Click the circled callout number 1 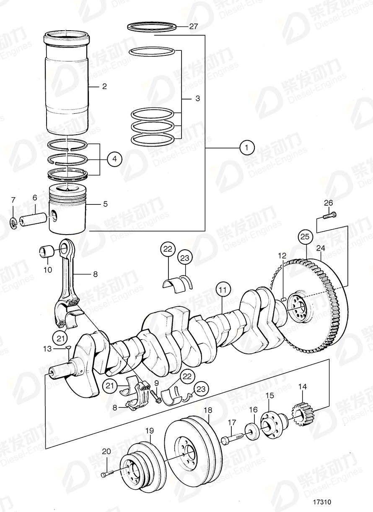pyautogui.click(x=247, y=148)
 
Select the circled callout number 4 pyautogui.click(x=114, y=159)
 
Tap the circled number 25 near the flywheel pyautogui.click(x=305, y=238)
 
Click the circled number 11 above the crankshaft pyautogui.click(x=224, y=290)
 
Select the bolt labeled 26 pyautogui.click(x=330, y=217)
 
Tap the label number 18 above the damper pyautogui.click(x=208, y=410)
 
